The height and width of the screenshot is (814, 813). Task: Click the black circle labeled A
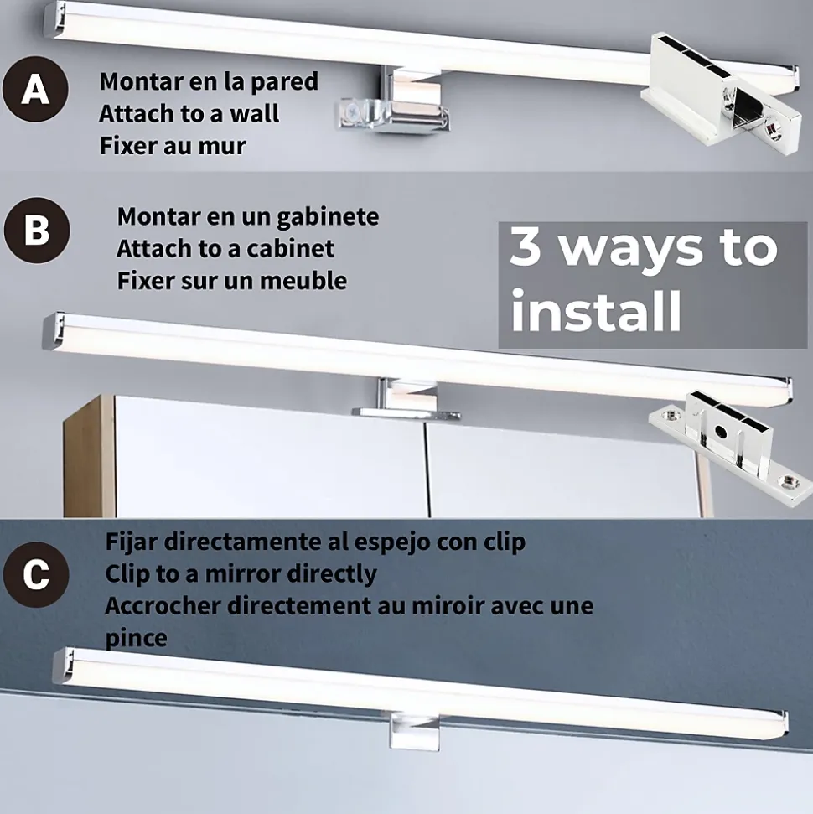[x=35, y=89]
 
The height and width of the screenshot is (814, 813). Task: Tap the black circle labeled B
[x=37, y=230]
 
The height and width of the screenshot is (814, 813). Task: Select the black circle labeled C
[x=36, y=575]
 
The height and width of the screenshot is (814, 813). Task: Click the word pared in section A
[x=284, y=82]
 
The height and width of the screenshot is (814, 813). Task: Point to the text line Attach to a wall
[x=189, y=114]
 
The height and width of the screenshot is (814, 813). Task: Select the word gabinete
[x=328, y=217]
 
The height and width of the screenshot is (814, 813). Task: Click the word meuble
[x=303, y=281]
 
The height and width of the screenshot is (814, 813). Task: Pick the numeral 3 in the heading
[x=526, y=247]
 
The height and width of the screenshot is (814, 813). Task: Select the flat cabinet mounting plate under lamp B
[x=406, y=413]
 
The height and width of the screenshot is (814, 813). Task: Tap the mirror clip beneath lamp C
[x=414, y=731]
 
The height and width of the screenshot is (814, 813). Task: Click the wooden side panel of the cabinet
[x=90, y=456]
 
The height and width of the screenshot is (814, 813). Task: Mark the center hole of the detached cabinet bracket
[x=720, y=431]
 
